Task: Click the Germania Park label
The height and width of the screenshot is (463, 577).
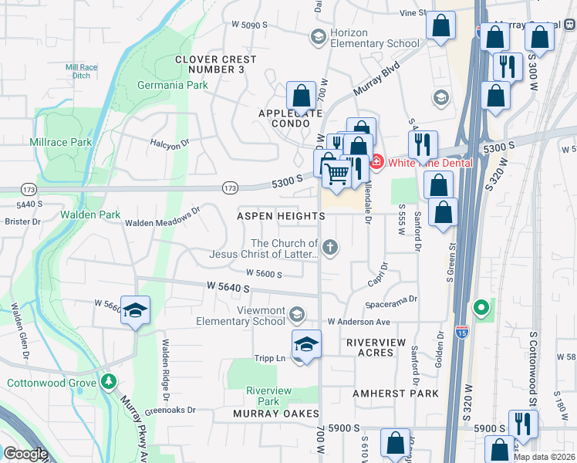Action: pos(172,85)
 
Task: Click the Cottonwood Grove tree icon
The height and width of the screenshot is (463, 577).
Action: pos(109,382)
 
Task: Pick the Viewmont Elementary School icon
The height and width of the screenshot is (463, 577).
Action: pos(298,314)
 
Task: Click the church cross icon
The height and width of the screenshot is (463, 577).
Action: pos(329,247)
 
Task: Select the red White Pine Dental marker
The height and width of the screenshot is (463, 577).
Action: pos(376,162)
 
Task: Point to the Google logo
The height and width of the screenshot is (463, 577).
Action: pos(25,454)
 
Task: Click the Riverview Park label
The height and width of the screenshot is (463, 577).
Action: pos(268,396)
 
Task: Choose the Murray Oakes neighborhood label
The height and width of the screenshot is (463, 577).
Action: pos(275,414)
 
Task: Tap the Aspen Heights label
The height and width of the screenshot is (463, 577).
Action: pos(280,216)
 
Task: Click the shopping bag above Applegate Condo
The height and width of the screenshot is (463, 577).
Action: pos(301,96)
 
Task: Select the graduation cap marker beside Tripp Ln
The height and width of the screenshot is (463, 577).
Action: pos(306,344)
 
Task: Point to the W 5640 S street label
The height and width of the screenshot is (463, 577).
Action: pos(228,287)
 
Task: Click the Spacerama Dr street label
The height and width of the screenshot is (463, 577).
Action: pos(392,299)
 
